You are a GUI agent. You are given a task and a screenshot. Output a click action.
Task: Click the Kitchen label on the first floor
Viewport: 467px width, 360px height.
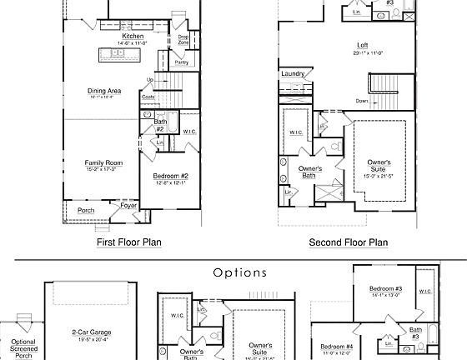133,37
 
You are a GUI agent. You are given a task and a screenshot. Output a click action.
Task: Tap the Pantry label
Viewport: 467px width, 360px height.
181,62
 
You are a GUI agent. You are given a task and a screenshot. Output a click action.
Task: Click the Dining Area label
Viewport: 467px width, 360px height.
105,92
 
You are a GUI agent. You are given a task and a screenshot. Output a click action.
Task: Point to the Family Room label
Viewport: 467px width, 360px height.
104,162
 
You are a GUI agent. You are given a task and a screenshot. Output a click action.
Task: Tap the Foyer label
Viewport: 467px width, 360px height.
129,203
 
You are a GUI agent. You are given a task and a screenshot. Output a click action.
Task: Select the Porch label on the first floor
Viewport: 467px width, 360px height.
86,210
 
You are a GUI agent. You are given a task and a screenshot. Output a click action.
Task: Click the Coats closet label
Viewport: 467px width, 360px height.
148,97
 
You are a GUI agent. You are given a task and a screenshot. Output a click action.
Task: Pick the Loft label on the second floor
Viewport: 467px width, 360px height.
363,45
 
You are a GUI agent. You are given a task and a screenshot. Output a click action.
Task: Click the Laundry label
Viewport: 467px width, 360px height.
293,73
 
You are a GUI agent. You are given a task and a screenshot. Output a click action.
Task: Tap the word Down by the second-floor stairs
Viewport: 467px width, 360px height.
362,100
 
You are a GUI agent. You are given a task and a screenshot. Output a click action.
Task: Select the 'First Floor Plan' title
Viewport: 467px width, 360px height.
129,243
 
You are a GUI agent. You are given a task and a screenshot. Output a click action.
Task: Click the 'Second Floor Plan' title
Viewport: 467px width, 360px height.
349,243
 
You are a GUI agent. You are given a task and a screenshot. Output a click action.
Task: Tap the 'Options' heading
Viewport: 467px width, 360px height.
239,272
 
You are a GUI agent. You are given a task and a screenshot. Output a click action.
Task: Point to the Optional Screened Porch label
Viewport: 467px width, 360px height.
23,347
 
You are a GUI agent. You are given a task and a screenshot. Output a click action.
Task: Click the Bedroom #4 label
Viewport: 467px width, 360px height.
337,346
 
